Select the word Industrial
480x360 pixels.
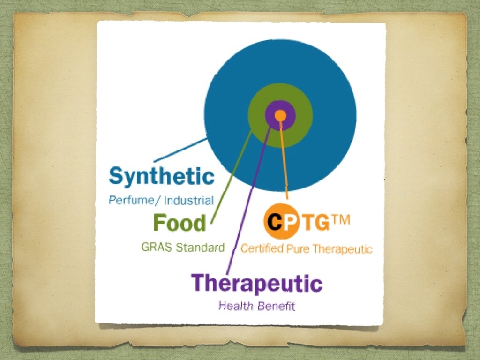[x=189, y=201]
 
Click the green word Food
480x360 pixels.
[x=180, y=223]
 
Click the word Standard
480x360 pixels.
[x=200, y=247]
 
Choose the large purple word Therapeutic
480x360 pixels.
[x=256, y=284]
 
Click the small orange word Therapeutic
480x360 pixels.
[x=342, y=248]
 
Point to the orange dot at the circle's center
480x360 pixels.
[x=280, y=114]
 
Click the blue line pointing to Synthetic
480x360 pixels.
[x=180, y=150]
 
